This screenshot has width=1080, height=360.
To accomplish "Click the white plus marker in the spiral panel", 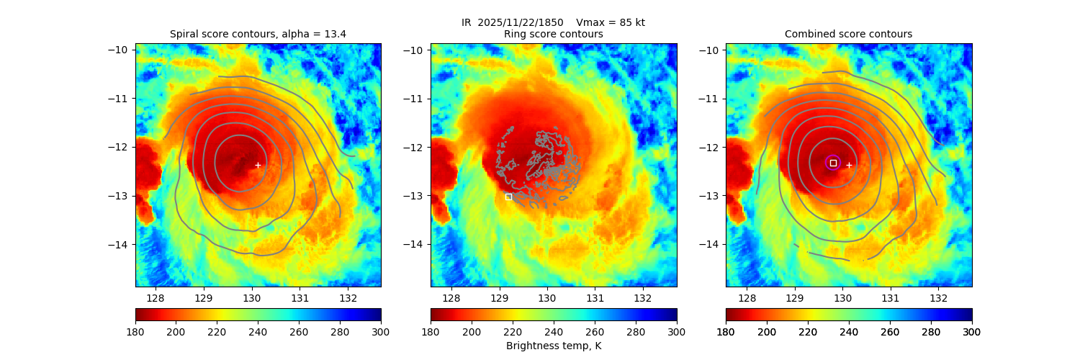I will coord(258,165).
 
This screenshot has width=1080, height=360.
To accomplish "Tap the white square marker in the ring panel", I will coord(508,197).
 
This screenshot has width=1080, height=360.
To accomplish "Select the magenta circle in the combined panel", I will coord(833,163).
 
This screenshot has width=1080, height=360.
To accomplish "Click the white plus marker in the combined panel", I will coord(849,165).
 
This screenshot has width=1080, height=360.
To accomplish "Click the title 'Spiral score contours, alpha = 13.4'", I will coord(258,34).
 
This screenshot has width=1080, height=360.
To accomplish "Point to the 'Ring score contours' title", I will coord(553,34).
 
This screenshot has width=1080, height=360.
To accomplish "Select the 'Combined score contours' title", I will coord(848,34).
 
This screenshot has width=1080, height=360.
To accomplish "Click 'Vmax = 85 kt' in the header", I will coord(611,22).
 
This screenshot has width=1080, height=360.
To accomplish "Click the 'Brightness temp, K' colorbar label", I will coord(553,346).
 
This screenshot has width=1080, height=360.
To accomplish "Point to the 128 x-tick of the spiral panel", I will coord(156,297).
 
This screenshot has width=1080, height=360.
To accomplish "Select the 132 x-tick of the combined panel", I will coord(938,297).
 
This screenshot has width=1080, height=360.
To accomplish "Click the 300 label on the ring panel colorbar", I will coord(676,331).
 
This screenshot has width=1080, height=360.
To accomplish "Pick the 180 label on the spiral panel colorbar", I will coord(136,331).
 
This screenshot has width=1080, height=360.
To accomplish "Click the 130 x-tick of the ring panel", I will coord(547,297).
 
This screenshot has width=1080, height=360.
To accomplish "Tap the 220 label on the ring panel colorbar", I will coord(513,331).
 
